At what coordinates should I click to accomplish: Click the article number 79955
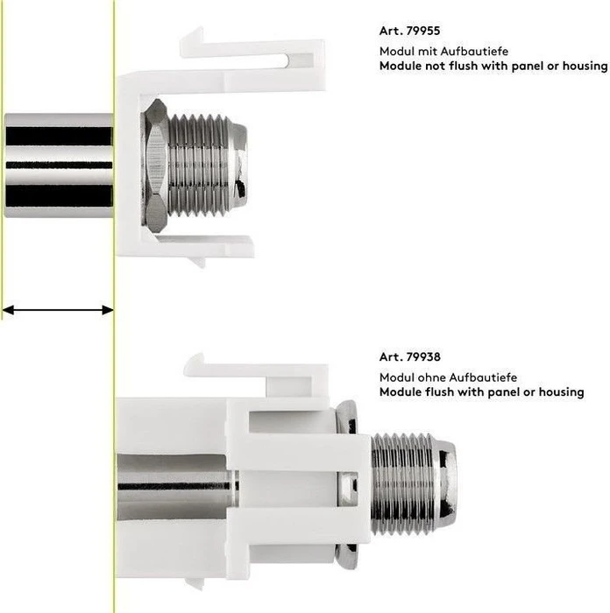click(423, 31)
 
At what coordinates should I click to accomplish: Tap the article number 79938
click(423, 356)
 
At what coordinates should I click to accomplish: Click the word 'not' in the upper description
click(436, 66)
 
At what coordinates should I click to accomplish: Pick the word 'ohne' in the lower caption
click(435, 377)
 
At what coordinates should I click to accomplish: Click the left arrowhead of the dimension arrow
click(8, 310)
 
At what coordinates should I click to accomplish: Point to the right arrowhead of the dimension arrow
click(108, 310)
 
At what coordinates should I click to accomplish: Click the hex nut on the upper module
click(156, 166)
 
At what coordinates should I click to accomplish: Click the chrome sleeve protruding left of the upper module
click(59, 166)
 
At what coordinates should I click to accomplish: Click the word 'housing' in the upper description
click(585, 66)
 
